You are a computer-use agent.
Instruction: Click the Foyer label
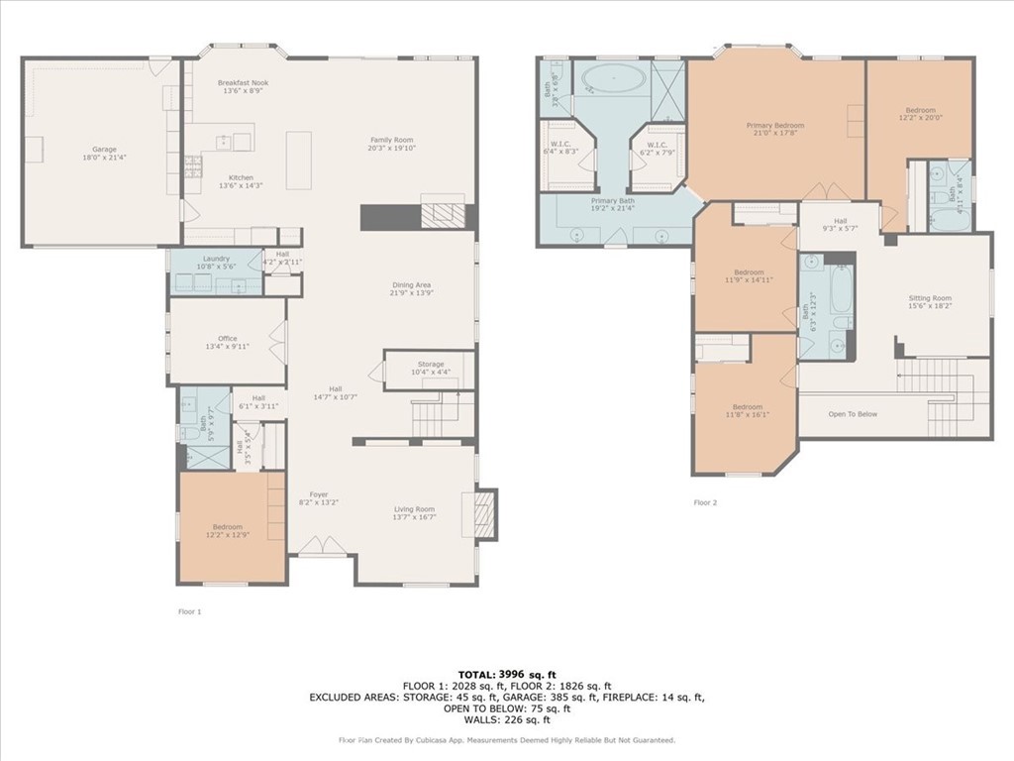[318, 494]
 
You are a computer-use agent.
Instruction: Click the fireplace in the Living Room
[484, 514]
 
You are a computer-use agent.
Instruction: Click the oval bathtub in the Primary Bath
[611, 77]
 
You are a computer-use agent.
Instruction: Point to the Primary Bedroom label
[774, 126]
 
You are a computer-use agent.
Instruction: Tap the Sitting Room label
[930, 298]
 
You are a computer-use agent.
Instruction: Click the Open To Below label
[853, 414]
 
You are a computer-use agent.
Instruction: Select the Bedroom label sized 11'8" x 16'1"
[748, 407]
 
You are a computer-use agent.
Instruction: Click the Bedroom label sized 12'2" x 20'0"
[919, 111]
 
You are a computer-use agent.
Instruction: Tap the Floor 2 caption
[705, 503]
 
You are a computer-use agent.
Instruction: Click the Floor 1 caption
[188, 612]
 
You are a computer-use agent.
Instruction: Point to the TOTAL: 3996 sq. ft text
[506, 674]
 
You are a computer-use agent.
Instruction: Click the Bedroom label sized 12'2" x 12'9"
[227, 527]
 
